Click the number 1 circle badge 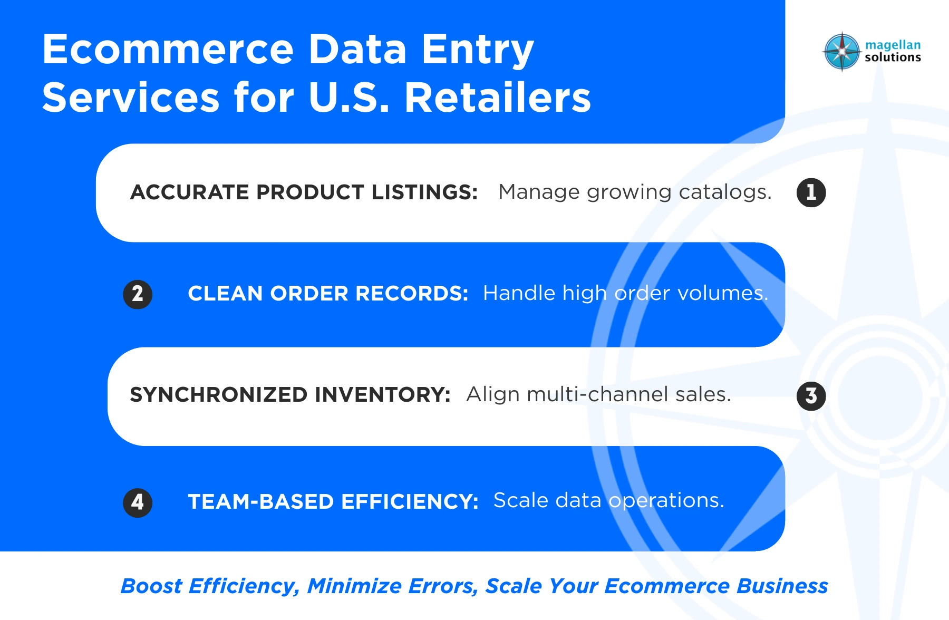click(x=811, y=192)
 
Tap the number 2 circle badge click(x=138, y=294)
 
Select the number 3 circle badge click(x=811, y=396)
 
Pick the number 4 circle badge click(x=138, y=502)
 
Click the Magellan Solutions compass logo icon click(x=842, y=52)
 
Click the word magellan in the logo click(x=893, y=45)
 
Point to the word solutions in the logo click(x=893, y=57)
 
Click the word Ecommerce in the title click(x=168, y=50)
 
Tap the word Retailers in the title click(x=498, y=98)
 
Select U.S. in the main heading click(x=348, y=98)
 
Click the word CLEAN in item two click(x=224, y=294)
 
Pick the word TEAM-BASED click(x=260, y=502)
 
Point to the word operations click(x=666, y=500)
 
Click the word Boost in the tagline click(x=151, y=586)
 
